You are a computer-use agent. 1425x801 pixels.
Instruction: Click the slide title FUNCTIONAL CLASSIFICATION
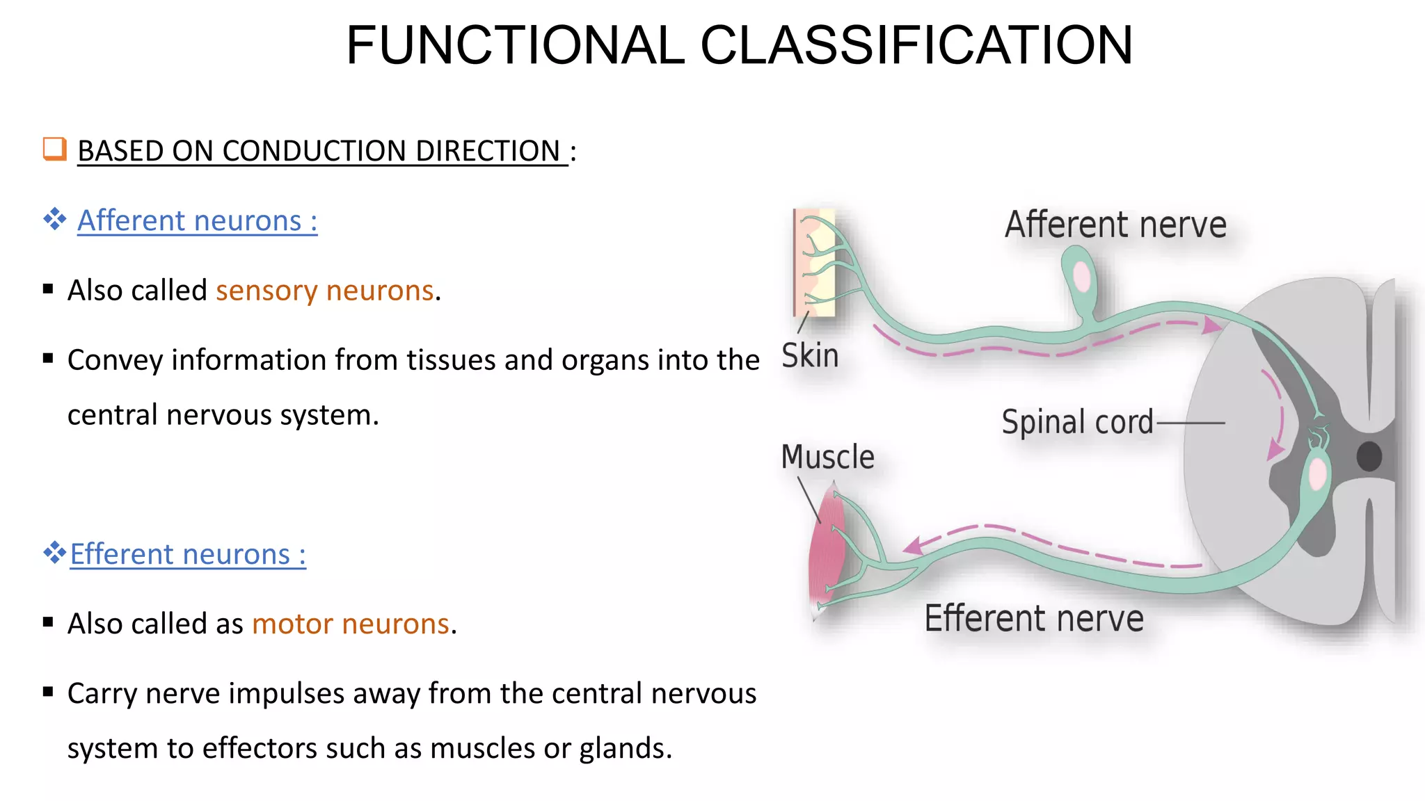point(740,46)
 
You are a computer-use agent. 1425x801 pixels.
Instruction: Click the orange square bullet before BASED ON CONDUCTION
point(54,149)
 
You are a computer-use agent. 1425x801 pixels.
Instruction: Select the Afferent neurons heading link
point(197,221)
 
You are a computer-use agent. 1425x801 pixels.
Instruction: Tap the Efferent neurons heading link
point(188,555)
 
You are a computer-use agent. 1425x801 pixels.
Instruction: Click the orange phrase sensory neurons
point(325,291)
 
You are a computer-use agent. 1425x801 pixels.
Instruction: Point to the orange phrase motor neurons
point(351,624)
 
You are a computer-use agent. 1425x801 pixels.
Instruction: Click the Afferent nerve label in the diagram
point(1115,225)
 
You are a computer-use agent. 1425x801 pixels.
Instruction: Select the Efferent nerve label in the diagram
point(1034,619)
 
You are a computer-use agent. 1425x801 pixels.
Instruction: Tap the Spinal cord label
point(1077,422)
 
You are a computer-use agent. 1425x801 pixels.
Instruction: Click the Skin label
point(810,355)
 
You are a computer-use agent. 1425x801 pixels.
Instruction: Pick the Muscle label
point(827,458)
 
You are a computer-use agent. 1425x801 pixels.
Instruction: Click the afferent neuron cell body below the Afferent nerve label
point(1081,277)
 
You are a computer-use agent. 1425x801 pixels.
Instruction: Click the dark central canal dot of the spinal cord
point(1369,457)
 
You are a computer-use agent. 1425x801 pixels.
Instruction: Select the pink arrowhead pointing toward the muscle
point(914,546)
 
